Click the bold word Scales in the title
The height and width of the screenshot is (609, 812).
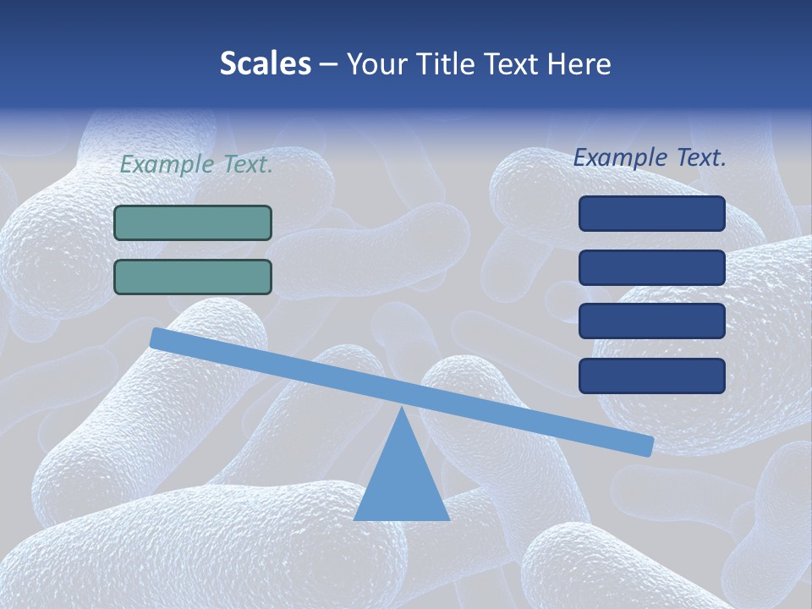[x=266, y=63]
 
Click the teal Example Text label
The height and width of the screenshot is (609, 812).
[x=196, y=165]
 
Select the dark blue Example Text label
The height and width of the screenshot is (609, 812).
[x=650, y=157]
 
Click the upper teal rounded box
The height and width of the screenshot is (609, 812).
[x=193, y=222]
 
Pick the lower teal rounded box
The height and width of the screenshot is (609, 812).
[x=193, y=277]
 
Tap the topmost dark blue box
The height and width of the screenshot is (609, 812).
[x=652, y=213]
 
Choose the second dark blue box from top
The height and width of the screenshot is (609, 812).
[x=652, y=267]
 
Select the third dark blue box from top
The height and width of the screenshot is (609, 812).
[x=652, y=321]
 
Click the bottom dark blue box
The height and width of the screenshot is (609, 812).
[x=652, y=376]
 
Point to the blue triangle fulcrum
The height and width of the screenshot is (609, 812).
[x=401, y=478]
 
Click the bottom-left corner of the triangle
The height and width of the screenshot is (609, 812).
[x=354, y=519]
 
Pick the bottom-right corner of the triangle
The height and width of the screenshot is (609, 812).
[x=449, y=519]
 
